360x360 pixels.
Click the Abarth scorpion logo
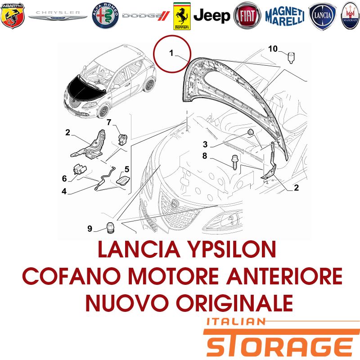(13, 16)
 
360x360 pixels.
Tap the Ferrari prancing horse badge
(182, 16)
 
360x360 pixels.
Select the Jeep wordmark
(211, 16)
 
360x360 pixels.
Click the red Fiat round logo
(247, 16)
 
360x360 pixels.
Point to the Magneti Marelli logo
(285, 16)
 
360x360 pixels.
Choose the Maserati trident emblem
(350, 16)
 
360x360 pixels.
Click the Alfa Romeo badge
(105, 16)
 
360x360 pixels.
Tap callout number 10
(273, 49)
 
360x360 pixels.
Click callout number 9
(90, 229)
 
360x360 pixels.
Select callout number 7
(109, 122)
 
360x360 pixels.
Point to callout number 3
(205, 144)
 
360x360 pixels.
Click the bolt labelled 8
(234, 162)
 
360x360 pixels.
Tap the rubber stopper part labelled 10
(291, 58)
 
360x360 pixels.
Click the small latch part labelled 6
(80, 170)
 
